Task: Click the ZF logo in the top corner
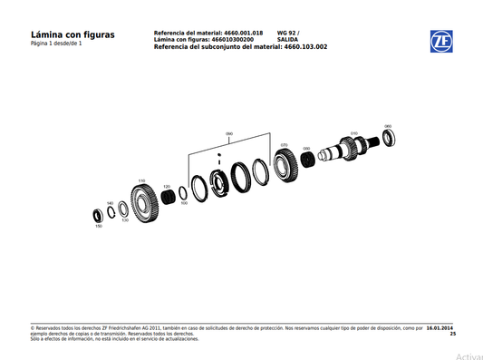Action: [x=441, y=41]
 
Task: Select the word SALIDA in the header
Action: [x=288, y=40]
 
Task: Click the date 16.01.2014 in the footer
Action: [x=440, y=328]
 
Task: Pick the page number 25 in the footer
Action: [x=452, y=335]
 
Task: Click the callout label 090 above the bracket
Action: [x=229, y=134]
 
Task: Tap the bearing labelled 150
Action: [x=98, y=216]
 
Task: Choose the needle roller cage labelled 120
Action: [x=167, y=196]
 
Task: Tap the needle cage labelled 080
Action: [x=307, y=160]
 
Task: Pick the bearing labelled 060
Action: [x=390, y=137]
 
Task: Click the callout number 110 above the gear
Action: [x=140, y=180]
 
